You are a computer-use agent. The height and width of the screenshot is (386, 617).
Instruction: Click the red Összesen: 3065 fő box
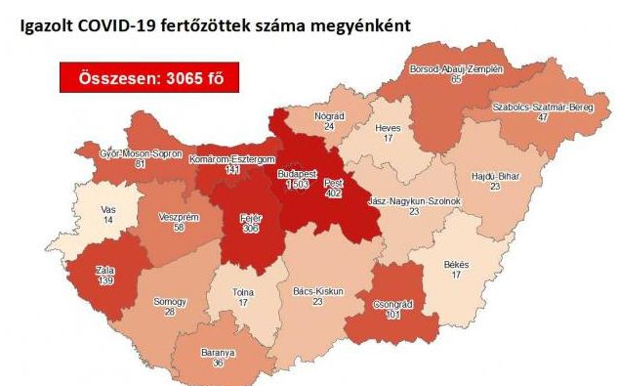[148, 77]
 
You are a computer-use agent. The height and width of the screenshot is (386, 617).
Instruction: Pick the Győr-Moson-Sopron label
[142, 153]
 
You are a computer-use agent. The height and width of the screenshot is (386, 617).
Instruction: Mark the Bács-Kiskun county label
[318, 291]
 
